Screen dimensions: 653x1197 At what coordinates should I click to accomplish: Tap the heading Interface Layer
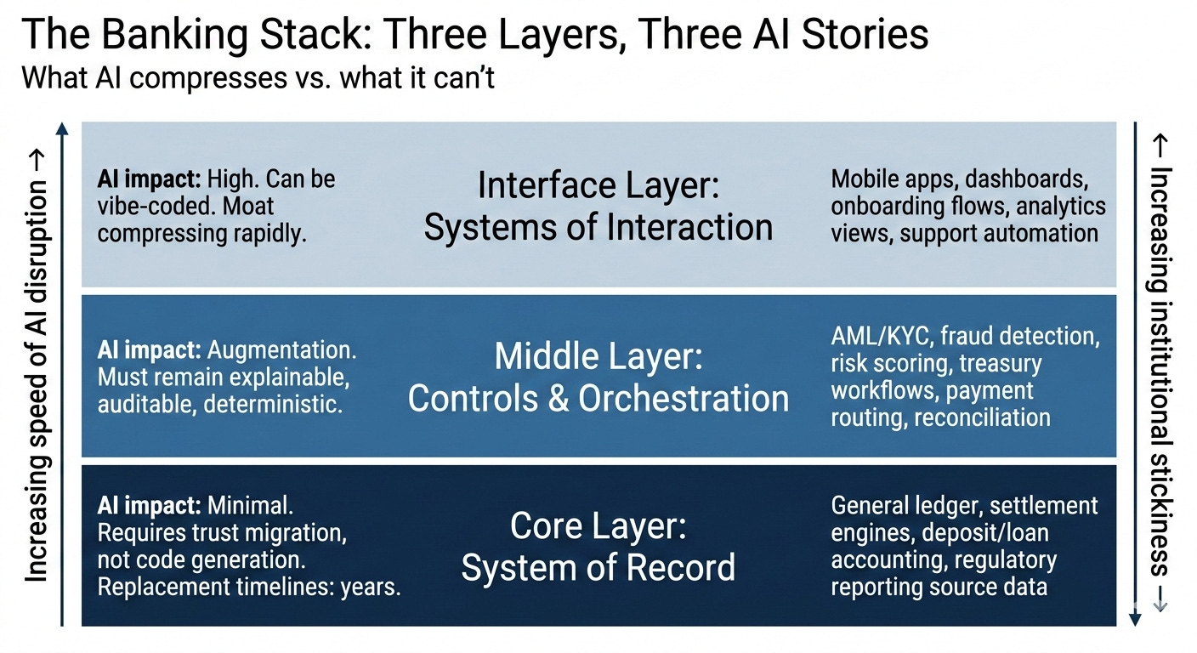[x=598, y=185]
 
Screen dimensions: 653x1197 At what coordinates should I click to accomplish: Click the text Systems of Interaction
[x=598, y=227]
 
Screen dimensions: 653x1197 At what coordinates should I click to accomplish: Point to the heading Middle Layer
[x=598, y=356]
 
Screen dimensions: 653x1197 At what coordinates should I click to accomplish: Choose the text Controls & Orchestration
[x=598, y=399]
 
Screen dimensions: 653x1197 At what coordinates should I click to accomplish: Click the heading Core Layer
[x=598, y=526]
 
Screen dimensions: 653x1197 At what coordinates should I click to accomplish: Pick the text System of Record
[x=598, y=568]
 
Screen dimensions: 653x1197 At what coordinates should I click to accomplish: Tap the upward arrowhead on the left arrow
[x=61, y=129]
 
